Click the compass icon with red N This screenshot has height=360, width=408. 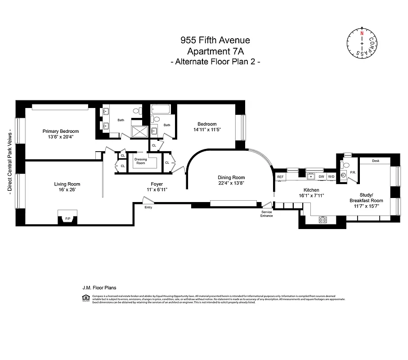(361, 44)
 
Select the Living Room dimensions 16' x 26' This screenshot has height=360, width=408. (67, 190)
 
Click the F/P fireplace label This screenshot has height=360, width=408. (68, 219)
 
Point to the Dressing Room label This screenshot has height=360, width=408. (141, 161)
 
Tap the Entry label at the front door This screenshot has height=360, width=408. (148, 207)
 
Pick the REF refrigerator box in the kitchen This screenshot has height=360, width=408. (280, 177)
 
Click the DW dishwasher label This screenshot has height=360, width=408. (321, 177)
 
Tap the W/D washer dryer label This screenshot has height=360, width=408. (331, 177)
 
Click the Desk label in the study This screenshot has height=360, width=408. (376, 161)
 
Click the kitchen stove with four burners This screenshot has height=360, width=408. (323, 220)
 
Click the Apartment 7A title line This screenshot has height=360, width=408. (215, 51)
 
